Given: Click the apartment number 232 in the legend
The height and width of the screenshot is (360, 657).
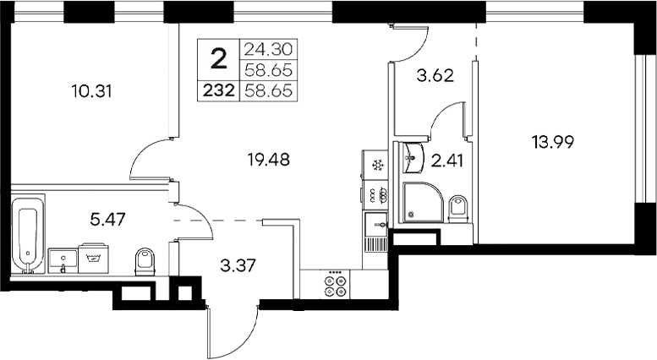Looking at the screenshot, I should click(218, 88).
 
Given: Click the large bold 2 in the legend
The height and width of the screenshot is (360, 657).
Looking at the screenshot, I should click(218, 58).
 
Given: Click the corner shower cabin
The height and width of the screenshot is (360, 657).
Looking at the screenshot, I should click(419, 204).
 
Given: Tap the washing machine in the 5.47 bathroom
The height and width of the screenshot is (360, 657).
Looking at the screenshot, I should click(92, 257).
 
